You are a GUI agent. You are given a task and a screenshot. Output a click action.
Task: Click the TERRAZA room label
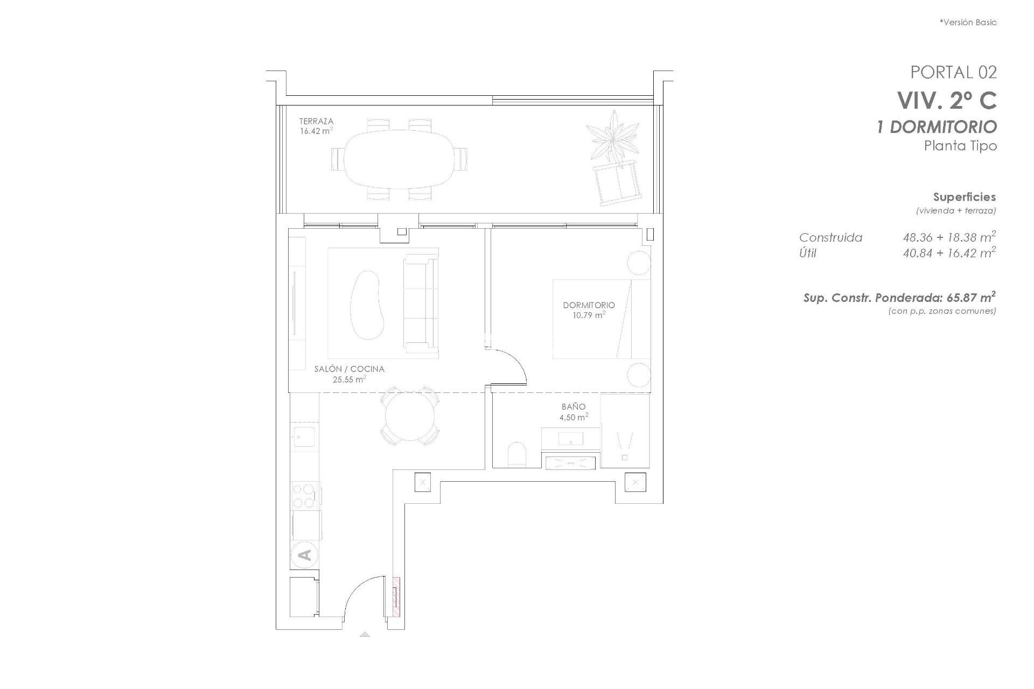pyautogui.click(x=316, y=122)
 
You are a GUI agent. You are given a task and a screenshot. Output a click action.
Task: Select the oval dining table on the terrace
pyautogui.click(x=399, y=159)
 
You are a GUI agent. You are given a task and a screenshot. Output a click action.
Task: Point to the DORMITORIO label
pyautogui.click(x=589, y=305)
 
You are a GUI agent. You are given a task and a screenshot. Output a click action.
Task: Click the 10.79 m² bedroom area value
pyautogui.click(x=589, y=315)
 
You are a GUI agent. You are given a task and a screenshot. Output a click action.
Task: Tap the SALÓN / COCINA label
pyautogui.click(x=349, y=369)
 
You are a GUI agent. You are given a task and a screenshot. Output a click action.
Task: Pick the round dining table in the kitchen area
pyautogui.click(x=410, y=416)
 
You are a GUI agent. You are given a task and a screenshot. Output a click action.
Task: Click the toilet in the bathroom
pyautogui.click(x=516, y=455)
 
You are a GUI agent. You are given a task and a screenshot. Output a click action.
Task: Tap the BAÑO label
pyautogui.click(x=574, y=407)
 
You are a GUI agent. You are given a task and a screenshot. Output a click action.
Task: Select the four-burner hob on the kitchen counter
pyautogui.click(x=304, y=496)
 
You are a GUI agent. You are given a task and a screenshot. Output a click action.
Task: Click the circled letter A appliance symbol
pyautogui.click(x=304, y=554)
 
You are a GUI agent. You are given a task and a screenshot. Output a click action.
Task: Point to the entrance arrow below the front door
pyautogui.click(x=365, y=635)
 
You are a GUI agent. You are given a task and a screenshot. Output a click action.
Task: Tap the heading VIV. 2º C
pyautogui.click(x=946, y=100)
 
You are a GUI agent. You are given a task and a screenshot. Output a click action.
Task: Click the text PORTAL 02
pyautogui.click(x=953, y=72)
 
